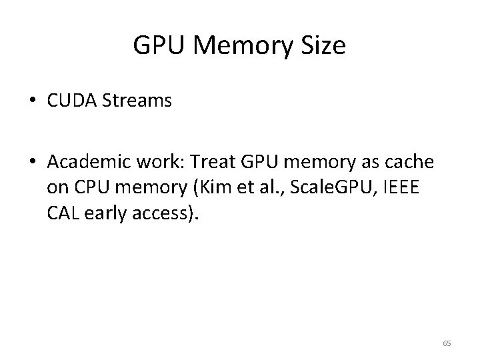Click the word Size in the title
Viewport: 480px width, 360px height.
(x=325, y=46)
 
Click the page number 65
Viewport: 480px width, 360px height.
(x=446, y=343)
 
